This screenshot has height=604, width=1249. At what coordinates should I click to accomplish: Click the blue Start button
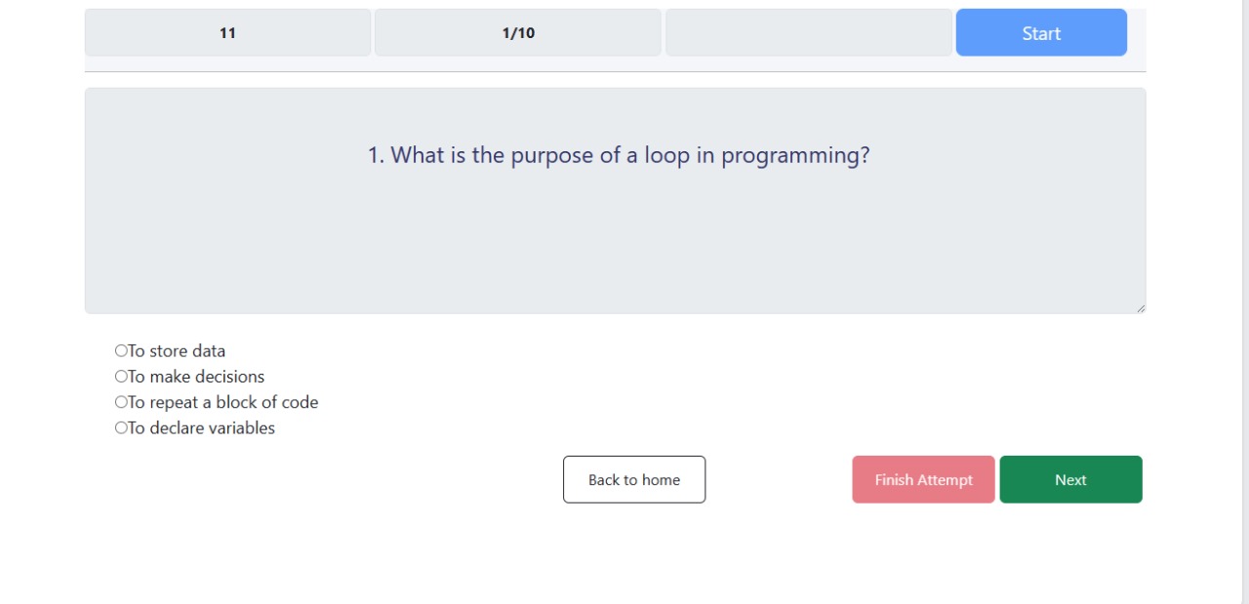pos(1041,32)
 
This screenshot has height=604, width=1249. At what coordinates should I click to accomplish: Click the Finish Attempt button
pos(923,480)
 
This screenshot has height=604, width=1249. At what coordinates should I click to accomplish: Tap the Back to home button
pos(634,480)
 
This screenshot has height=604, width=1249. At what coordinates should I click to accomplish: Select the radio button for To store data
pos(121,350)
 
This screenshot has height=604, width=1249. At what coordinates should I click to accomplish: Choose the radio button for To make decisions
pos(121,376)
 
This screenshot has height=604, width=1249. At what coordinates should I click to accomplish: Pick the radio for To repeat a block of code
pos(121,402)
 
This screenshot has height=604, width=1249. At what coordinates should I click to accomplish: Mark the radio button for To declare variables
pos(121,427)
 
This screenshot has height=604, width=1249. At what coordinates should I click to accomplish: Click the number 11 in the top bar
pos(227,33)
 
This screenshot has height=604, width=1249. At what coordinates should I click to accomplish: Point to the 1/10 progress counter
pos(518,33)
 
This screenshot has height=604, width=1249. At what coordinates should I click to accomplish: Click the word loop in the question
pos(666,155)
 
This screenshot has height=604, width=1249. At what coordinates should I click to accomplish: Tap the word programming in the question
pos(795,156)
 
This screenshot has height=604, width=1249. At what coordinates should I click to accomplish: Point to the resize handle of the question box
pos(1141,308)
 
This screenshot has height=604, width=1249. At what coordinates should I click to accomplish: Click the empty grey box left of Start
pos(809,32)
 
